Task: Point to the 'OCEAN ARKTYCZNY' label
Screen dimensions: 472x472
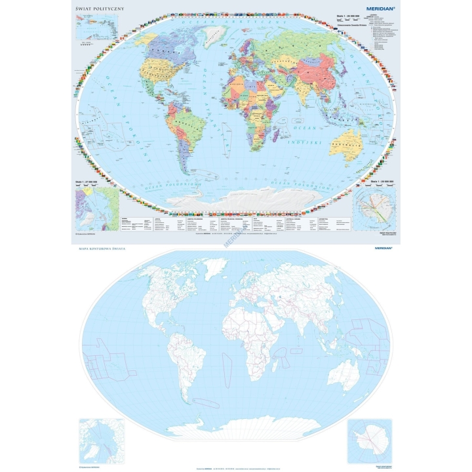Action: pyautogui.click(x=236, y=23)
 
